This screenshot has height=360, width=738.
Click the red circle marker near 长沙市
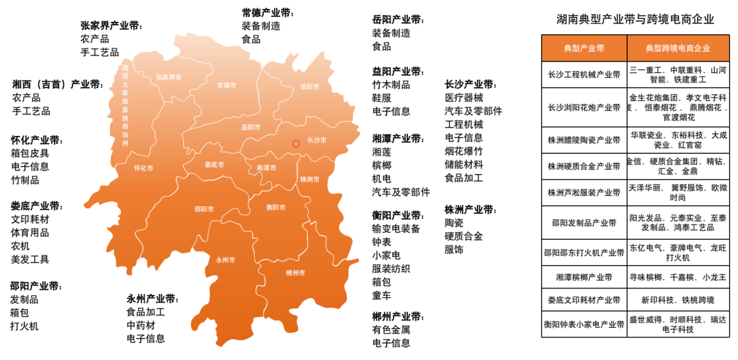click(x=296, y=143)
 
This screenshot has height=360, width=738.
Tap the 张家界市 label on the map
click(x=169, y=78)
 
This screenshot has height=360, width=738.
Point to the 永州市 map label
click(x=225, y=260)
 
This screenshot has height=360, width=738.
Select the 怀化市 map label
click(x=143, y=168)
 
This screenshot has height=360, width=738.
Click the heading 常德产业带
click(x=266, y=13)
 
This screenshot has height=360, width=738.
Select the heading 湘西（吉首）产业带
click(x=58, y=84)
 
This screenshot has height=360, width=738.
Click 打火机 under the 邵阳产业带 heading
click(x=25, y=326)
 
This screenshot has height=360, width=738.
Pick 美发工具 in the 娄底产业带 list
click(x=30, y=260)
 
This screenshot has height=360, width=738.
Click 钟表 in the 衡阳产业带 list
click(x=381, y=242)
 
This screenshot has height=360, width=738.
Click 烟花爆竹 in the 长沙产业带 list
click(x=463, y=151)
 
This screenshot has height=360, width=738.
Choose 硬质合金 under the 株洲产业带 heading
click(x=463, y=236)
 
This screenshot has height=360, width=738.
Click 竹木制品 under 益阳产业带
click(x=391, y=85)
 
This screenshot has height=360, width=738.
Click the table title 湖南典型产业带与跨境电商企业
click(x=635, y=20)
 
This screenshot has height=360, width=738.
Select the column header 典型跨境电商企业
click(x=678, y=49)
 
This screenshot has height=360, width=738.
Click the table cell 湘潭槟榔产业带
click(x=584, y=278)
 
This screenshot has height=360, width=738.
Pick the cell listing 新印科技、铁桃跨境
click(x=678, y=300)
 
